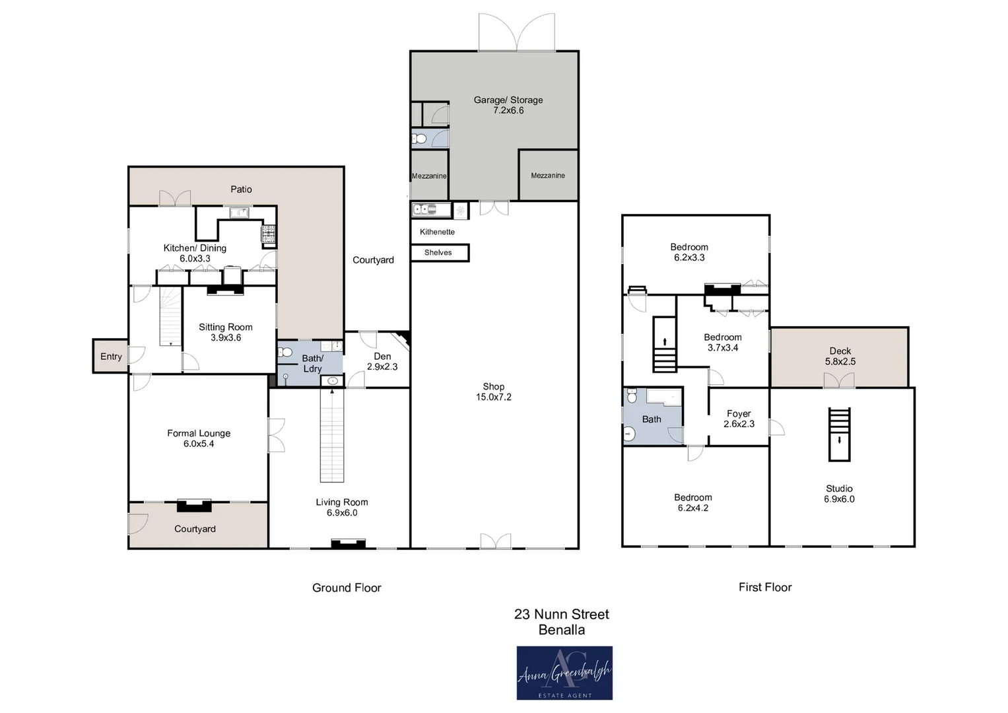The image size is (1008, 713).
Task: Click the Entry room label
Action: (x=111, y=356)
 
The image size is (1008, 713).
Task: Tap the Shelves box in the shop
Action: (x=440, y=252)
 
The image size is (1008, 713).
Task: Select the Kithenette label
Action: (x=438, y=232)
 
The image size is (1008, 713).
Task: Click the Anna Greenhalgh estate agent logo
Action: (x=564, y=673)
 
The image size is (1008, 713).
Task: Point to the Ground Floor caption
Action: (x=347, y=588)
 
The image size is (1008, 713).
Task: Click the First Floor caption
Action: (x=765, y=587)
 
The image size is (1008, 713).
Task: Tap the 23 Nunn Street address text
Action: (x=562, y=614)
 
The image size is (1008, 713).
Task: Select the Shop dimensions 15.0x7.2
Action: (x=494, y=397)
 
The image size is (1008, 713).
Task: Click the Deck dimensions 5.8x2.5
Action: (x=840, y=362)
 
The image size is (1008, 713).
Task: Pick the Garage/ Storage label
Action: (x=508, y=100)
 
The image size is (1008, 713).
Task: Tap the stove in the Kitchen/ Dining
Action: (x=269, y=234)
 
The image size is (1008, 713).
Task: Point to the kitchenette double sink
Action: (x=425, y=209)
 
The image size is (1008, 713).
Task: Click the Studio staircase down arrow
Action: (x=839, y=440)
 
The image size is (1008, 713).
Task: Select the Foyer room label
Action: (x=739, y=413)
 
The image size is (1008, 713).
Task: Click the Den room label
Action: (x=382, y=356)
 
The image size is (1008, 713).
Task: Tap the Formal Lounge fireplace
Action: (x=194, y=505)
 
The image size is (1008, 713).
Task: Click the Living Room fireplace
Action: (x=348, y=543)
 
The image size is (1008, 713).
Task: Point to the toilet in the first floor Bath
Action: (x=632, y=395)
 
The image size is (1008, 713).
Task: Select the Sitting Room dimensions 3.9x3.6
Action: (x=226, y=337)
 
